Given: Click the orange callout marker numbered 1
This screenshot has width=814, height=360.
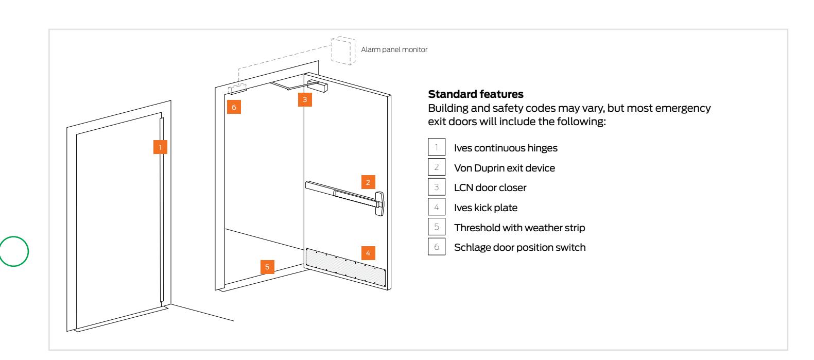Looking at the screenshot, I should click(x=160, y=147).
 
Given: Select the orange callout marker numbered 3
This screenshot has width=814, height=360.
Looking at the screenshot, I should click(x=305, y=100).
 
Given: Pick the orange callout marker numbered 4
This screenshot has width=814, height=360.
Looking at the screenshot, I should click(x=368, y=253).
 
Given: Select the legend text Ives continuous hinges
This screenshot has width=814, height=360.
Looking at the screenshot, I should click(x=505, y=148).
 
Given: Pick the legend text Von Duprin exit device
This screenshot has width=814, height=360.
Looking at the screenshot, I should click(x=504, y=168).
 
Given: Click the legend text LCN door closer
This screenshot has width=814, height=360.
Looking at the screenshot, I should click(x=490, y=188).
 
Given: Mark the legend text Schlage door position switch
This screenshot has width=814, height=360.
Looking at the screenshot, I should click(x=519, y=247).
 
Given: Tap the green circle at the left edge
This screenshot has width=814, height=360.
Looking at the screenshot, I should click(x=14, y=250).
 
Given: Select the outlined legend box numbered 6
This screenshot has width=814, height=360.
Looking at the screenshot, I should click(x=436, y=247).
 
